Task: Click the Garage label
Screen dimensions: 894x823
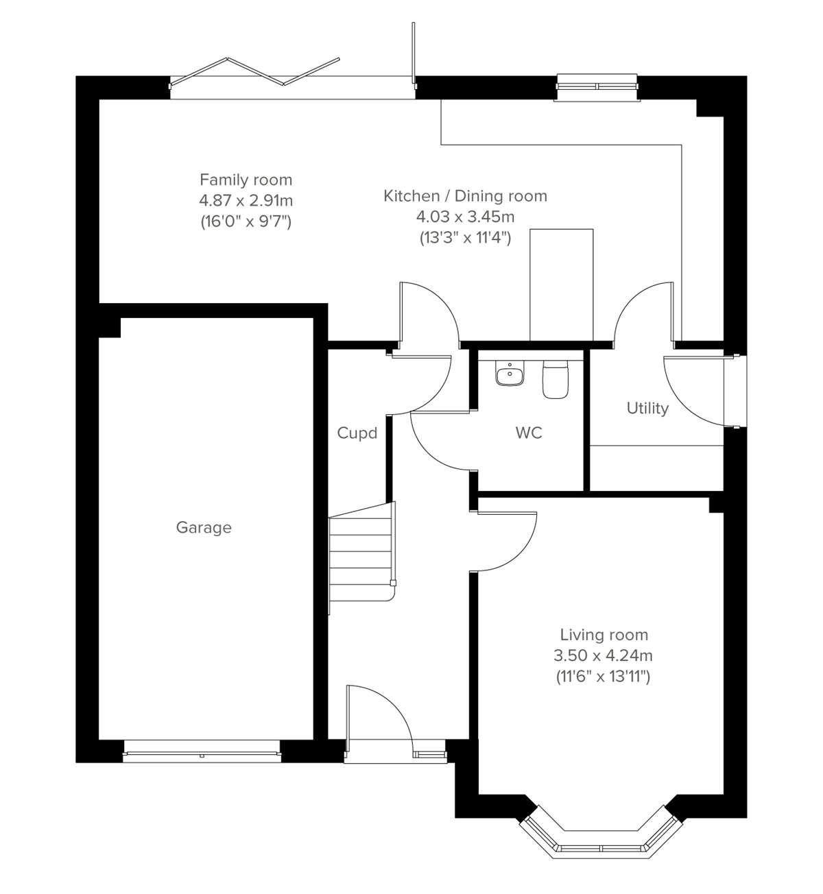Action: pyautogui.click(x=204, y=527)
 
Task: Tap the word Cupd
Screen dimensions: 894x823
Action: pyautogui.click(x=357, y=433)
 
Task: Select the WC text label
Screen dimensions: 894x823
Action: pyautogui.click(x=529, y=433)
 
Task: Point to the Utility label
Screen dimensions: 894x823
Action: pyautogui.click(x=647, y=409)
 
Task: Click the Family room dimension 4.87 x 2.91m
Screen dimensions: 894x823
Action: pyautogui.click(x=246, y=201)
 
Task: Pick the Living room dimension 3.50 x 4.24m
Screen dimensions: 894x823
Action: pyautogui.click(x=603, y=655)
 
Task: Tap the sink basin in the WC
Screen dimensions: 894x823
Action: pyautogui.click(x=509, y=374)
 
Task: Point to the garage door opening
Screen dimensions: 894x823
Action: pyautogui.click(x=202, y=756)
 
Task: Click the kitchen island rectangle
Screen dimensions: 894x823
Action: pyautogui.click(x=561, y=285)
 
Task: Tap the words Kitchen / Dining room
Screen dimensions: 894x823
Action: pyautogui.click(x=465, y=196)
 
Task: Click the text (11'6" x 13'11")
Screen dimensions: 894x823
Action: pyautogui.click(x=603, y=677)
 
